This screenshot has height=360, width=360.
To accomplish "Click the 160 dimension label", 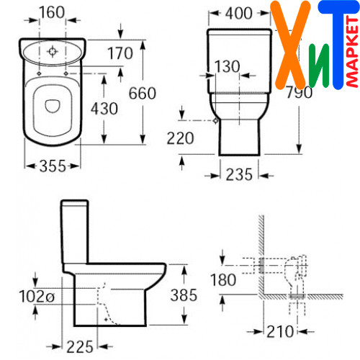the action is [52, 12].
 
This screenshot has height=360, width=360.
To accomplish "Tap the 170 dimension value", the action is [120, 53].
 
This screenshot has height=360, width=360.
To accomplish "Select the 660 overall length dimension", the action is [143, 93].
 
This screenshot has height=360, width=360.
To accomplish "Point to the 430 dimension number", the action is [104, 109].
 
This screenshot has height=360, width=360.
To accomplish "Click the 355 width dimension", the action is [53, 166].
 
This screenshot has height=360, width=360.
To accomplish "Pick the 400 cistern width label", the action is [238, 13].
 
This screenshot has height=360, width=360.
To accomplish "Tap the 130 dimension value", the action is [227, 66].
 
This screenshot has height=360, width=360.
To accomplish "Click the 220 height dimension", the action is [180, 138].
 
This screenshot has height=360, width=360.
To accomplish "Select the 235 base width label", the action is [239, 174].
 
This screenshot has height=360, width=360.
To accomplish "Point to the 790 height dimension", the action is [300, 92].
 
